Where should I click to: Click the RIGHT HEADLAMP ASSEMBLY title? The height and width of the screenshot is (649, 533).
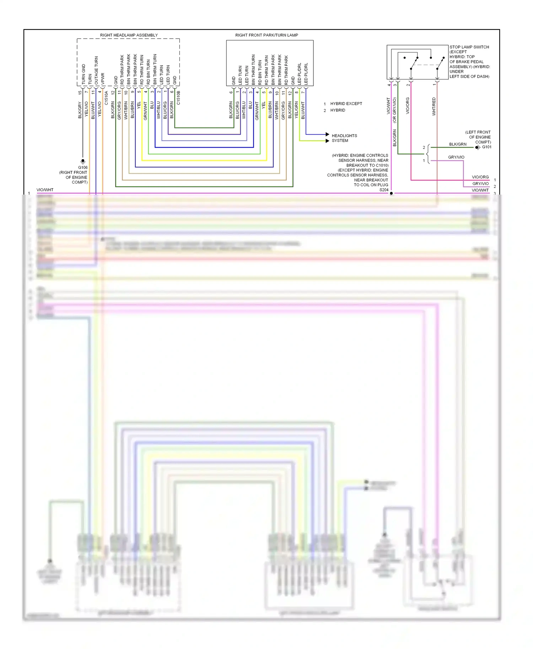click(129, 35)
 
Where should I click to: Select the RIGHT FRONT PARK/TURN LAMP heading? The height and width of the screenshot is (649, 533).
click(266, 35)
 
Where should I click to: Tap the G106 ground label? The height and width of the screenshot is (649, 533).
click(83, 167)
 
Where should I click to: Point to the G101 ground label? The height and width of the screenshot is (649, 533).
click(486, 147)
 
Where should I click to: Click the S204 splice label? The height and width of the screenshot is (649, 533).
click(384, 190)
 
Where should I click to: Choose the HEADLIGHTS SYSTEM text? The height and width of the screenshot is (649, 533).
click(344, 138)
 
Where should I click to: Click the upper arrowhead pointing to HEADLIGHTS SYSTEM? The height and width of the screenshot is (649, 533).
click(327, 134)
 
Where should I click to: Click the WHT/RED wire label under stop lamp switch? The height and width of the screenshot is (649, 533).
click(434, 106)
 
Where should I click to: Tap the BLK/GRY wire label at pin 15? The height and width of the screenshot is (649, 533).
click(80, 110)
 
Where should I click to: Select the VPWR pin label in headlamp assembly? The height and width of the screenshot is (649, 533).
click(103, 78)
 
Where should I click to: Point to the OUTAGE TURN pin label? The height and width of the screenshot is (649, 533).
click(96, 70)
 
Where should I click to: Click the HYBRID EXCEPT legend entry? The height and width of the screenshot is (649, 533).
click(346, 104)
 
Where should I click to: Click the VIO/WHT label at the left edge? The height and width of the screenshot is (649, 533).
click(45, 190)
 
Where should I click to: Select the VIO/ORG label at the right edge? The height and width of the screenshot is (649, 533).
click(480, 177)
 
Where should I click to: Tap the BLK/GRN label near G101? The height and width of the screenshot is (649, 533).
click(458, 144)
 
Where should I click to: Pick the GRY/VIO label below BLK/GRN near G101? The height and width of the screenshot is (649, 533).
click(456, 157)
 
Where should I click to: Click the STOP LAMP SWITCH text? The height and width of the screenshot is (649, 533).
click(469, 47)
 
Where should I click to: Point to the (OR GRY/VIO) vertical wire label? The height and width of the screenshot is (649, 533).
click(394, 110)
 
